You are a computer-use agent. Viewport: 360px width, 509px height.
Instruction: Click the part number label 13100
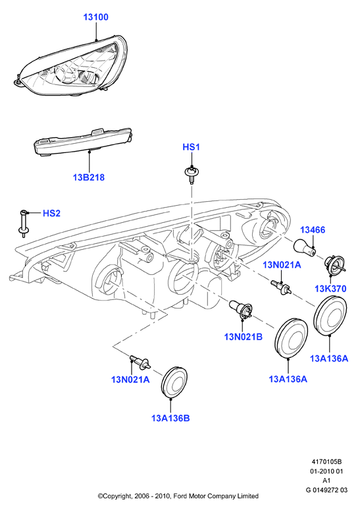click(96, 17)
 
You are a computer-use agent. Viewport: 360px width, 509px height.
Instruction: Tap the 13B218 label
click(89, 177)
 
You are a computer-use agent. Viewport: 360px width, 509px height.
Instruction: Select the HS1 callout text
click(191, 147)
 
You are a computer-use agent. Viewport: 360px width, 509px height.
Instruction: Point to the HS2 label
click(52, 213)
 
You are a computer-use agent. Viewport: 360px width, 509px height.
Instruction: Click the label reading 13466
click(313, 230)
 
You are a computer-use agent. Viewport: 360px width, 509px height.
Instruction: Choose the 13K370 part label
click(330, 288)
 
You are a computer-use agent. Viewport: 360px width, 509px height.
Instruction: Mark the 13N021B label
click(244, 337)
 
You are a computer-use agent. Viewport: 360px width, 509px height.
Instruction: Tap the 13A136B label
click(170, 418)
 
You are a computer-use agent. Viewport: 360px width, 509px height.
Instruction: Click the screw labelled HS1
click(192, 175)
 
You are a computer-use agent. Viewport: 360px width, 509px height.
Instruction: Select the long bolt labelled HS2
click(22, 222)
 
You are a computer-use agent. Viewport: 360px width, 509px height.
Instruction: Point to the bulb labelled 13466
click(304, 248)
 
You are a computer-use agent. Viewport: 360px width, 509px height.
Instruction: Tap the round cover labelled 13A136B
click(174, 382)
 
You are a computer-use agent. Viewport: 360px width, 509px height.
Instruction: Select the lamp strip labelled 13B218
click(84, 142)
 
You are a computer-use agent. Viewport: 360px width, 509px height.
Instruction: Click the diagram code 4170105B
click(326, 462)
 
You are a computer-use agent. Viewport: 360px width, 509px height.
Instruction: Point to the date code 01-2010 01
click(326, 471)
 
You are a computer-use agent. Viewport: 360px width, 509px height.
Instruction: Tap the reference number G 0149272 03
click(326, 490)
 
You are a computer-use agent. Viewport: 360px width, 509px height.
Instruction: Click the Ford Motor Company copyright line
click(178, 496)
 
